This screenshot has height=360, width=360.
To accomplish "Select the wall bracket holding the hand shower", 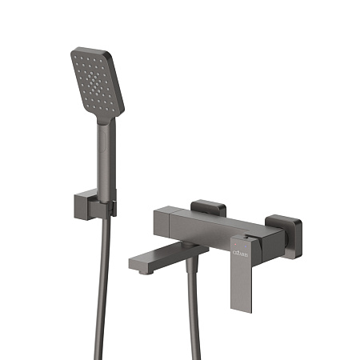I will click(109, 204).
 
